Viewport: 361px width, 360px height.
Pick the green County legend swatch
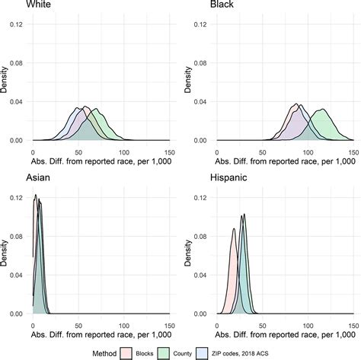pos(174,352)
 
